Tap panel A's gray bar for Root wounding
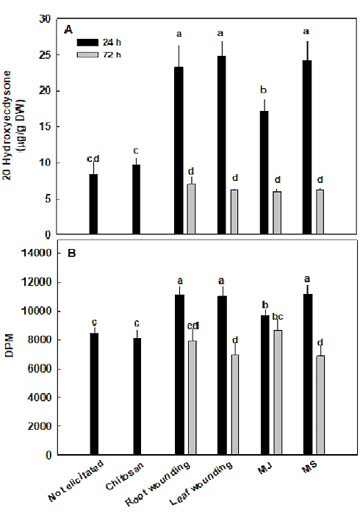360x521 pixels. click(x=191, y=209)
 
